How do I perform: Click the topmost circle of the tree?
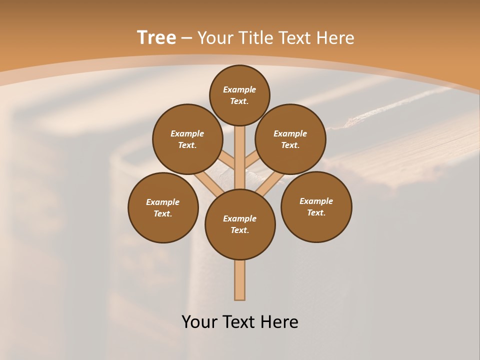[239, 95]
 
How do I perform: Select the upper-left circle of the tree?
[187, 139]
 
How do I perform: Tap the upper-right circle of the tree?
[290, 139]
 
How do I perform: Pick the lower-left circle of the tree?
[163, 207]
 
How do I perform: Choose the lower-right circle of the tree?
[316, 206]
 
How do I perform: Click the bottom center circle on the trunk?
[240, 224]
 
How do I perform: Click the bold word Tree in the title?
[156, 37]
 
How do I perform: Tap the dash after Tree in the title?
[187, 38]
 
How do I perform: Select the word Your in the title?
[216, 38]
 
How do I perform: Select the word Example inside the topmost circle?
[239, 90]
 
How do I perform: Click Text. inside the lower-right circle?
[316, 212]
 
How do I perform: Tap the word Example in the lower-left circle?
[162, 202]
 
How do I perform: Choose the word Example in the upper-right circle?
[290, 133]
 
